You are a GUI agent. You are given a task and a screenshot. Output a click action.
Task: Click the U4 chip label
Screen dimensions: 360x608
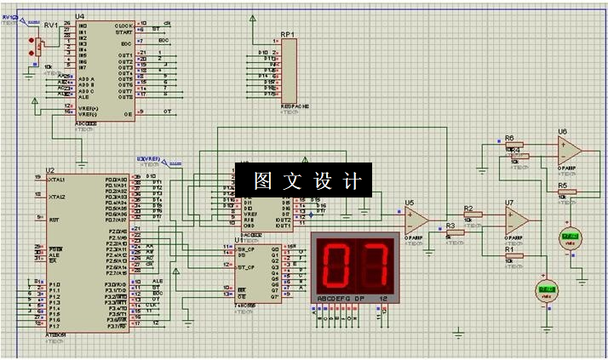tap(80, 16)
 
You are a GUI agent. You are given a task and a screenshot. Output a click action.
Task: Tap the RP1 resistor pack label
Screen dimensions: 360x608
tap(287, 35)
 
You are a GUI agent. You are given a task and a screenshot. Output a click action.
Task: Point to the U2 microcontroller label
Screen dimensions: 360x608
tap(50, 169)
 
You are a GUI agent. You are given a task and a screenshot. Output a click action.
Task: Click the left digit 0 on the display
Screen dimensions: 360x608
tap(336, 264)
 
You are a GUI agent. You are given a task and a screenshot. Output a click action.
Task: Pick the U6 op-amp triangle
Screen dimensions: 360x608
tap(570, 151)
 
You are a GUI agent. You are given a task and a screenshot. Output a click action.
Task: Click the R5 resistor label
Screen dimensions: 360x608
tap(562, 185)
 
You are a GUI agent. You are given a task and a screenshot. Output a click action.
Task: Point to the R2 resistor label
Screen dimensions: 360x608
tap(468, 208)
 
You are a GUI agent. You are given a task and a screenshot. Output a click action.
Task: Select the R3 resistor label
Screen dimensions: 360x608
tap(450, 226)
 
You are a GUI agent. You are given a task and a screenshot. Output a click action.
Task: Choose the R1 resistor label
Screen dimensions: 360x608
tap(509, 249)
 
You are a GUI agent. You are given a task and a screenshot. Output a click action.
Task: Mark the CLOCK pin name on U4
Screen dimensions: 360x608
tap(123, 26)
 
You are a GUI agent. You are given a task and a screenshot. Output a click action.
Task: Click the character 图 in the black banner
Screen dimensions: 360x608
tap(262, 180)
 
